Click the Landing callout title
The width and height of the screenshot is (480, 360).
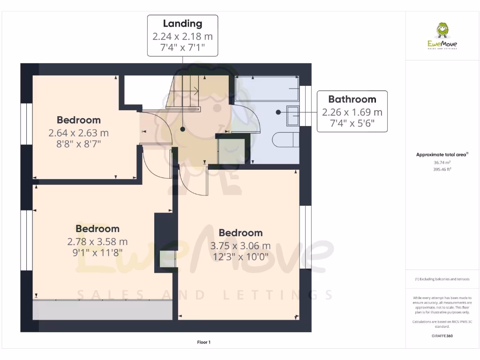click(x=182, y=23)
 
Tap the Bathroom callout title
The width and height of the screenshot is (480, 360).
click(x=352, y=99)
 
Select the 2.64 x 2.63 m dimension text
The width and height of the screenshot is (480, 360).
click(x=79, y=133)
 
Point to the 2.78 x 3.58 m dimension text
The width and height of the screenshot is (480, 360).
click(x=97, y=242)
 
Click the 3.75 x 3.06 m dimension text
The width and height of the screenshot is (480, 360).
click(x=240, y=246)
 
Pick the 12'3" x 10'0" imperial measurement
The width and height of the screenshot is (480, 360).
click(x=240, y=257)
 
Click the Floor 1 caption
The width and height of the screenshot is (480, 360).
click(x=203, y=342)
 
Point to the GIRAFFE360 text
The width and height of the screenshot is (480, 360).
click(x=442, y=336)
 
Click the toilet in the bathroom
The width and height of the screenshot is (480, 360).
click(x=285, y=140)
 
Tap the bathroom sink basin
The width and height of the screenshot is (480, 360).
click(x=292, y=115)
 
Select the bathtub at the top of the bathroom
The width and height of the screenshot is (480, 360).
click(x=267, y=89)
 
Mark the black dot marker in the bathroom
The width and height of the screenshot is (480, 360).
click(x=278, y=112)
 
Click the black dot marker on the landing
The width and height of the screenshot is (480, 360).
click(x=182, y=129)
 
